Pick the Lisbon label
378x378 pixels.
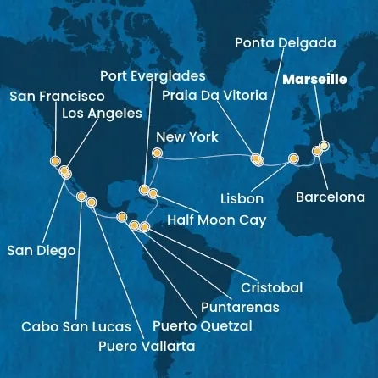click(x=241, y=198)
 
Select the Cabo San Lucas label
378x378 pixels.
click(x=76, y=326)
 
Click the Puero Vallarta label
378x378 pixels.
click(x=146, y=346)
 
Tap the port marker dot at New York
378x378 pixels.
click(x=156, y=153)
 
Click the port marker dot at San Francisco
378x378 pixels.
click(x=55, y=159)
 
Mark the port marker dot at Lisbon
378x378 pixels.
click(x=293, y=158)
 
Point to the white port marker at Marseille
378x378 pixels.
click(x=324, y=146)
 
